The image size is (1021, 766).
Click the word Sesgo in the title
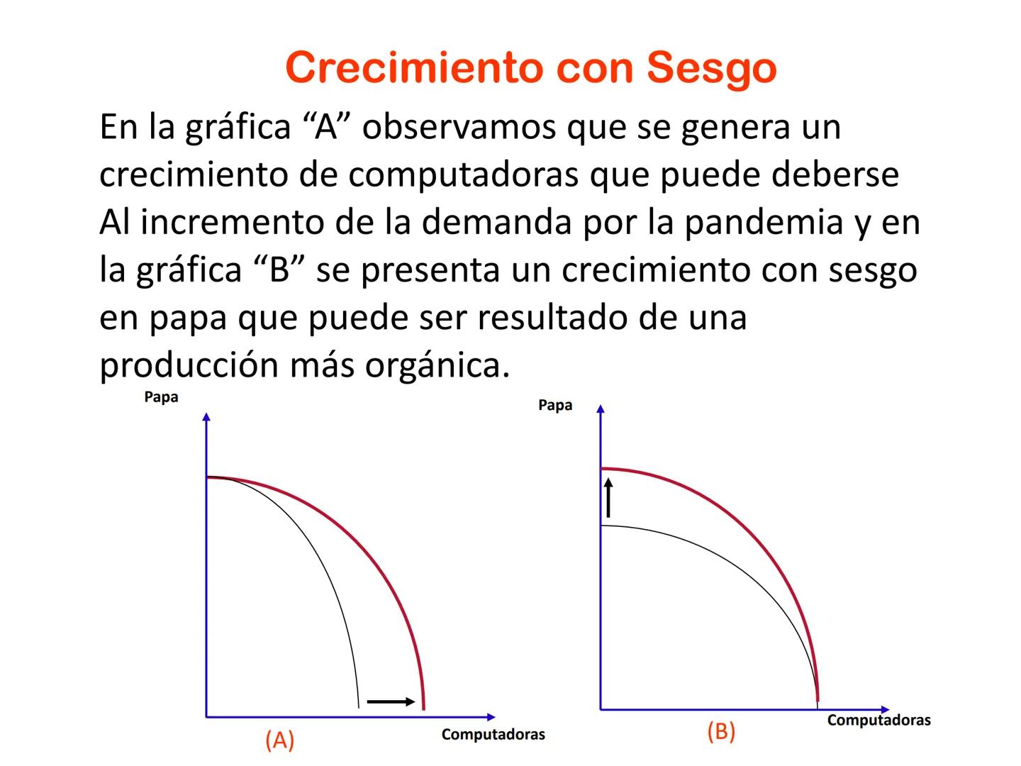[x=712, y=69]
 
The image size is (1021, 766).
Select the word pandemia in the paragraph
[x=764, y=222]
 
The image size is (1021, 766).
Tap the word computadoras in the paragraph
[x=463, y=175]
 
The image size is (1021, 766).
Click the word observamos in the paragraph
[x=459, y=126]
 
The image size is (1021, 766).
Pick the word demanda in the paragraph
[x=496, y=221]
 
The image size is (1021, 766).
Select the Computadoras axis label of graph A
[x=493, y=734]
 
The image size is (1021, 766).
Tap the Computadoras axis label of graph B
[x=878, y=721]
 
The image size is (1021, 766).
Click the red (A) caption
[x=279, y=740]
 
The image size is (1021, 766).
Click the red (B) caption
[x=721, y=731]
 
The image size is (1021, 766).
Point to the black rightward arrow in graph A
[x=391, y=701]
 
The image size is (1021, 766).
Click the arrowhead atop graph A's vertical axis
[x=206, y=416]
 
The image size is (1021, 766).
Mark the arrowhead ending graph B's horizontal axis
[x=885, y=710]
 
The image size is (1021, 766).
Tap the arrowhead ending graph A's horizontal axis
[x=491, y=717]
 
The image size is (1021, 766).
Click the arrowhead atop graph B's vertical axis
[x=601, y=409]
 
